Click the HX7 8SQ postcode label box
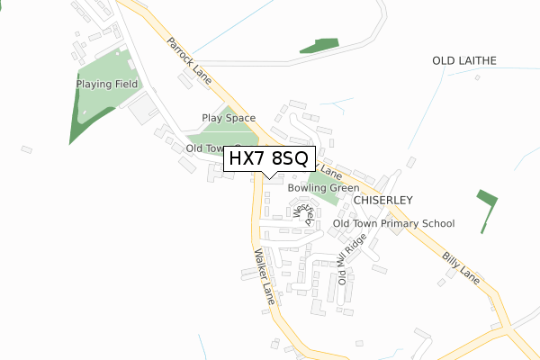tap(269, 158)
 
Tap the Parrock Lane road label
tap(188, 61)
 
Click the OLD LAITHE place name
tap(464, 61)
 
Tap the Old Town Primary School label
tap(393, 223)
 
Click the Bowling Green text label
tap(323, 188)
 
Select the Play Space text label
tap(229, 118)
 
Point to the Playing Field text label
tap(107, 84)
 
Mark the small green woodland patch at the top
tap(319, 45)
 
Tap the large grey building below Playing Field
tap(142, 112)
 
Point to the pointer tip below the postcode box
tap(269, 177)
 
